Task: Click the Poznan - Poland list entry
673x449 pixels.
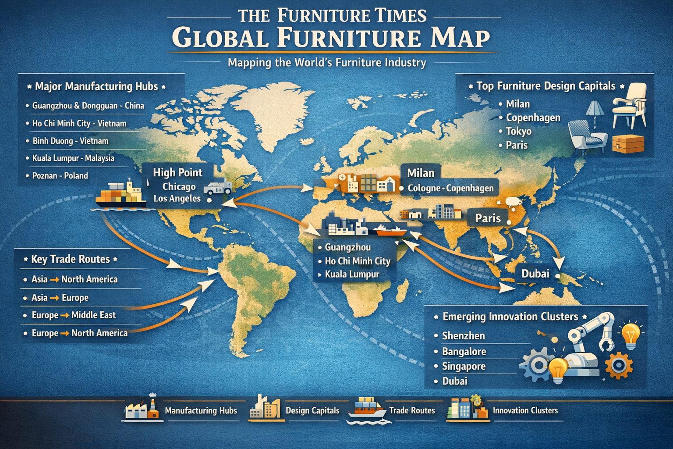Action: pyautogui.click(x=60, y=176)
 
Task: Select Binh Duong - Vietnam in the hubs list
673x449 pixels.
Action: pyautogui.click(x=70, y=141)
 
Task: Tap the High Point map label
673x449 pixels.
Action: pyautogui.click(x=177, y=172)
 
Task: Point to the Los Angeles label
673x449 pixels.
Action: pyautogui.click(x=177, y=199)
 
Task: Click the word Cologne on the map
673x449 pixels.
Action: pyautogui.click(x=424, y=188)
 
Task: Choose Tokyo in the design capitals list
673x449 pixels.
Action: pyautogui.click(x=518, y=131)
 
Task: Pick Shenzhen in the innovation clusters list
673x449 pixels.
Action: pyautogui.click(x=463, y=336)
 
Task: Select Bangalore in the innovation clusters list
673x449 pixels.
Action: pyautogui.click(x=464, y=352)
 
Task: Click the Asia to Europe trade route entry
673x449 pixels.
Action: pyautogui.click(x=60, y=298)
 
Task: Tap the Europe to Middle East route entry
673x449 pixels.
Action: pyautogui.click(x=74, y=315)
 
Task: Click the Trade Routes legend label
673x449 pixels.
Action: pyautogui.click(x=412, y=410)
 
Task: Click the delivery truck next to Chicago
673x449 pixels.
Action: pyautogui.click(x=218, y=187)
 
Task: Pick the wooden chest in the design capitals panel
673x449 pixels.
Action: pyautogui.click(x=628, y=143)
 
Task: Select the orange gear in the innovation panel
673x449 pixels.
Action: pyautogui.click(x=619, y=365)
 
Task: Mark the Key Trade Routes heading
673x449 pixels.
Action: pyautogui.click(x=70, y=259)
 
